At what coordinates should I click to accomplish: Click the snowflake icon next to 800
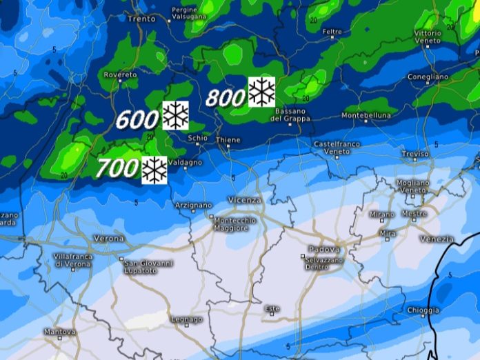[x=261, y=92]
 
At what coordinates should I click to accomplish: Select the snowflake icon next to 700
[x=154, y=170]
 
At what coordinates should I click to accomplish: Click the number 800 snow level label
[x=226, y=98]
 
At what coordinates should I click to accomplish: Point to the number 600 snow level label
[x=138, y=120]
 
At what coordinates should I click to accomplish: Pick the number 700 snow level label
[x=118, y=168]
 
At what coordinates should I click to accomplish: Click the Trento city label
[x=142, y=19]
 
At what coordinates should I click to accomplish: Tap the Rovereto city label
[x=119, y=74]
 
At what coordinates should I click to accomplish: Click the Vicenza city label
[x=246, y=199]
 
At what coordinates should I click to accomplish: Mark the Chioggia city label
[x=422, y=310]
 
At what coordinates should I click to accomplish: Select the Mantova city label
[x=60, y=332]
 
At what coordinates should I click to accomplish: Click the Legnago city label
[x=186, y=319]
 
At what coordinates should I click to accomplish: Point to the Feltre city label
[x=332, y=32]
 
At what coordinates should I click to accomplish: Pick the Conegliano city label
[x=428, y=77]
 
